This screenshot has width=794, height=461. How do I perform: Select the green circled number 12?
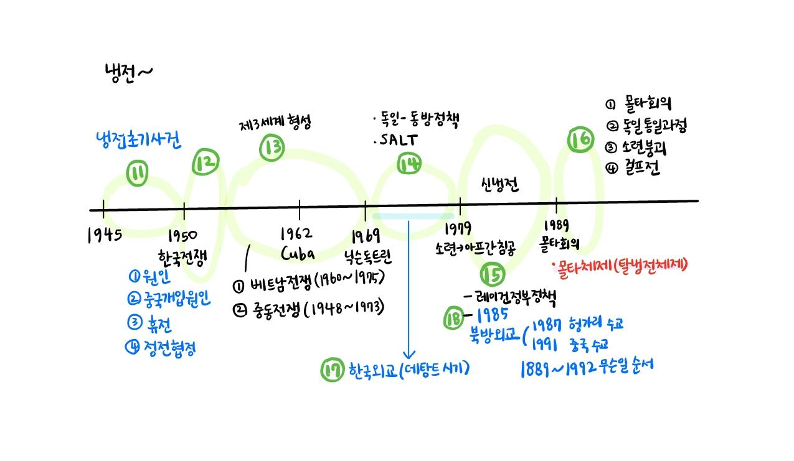point(206,162)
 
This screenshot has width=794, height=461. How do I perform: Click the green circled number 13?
point(272,147)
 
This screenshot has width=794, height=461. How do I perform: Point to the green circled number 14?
point(409,164)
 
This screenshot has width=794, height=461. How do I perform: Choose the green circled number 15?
point(493,274)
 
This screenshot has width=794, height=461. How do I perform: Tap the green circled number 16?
point(581,140)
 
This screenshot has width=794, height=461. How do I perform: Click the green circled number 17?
point(333,370)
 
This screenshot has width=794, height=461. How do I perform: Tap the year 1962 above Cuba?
point(296,234)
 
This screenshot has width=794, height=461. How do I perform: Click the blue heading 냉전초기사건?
point(138,140)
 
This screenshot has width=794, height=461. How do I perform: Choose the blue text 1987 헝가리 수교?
point(577,325)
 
